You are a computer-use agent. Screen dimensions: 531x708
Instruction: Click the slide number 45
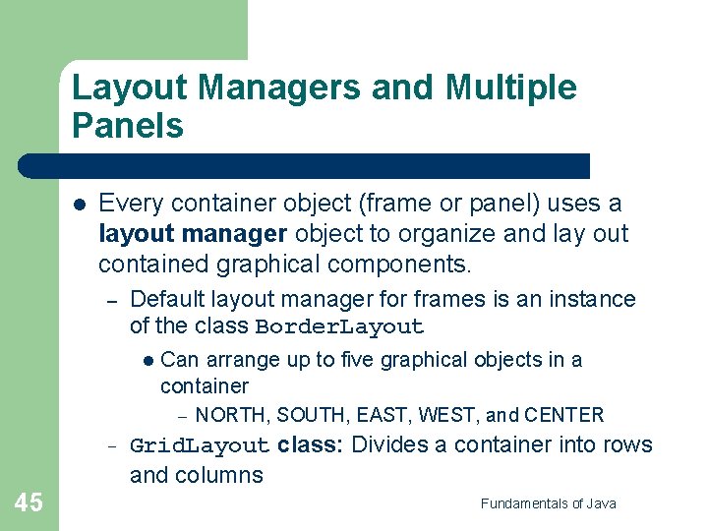(29, 502)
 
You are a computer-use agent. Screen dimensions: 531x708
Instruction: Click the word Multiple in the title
(511, 88)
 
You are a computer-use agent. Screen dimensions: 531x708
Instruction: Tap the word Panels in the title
(128, 126)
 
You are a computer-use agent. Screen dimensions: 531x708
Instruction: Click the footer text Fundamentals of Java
(549, 503)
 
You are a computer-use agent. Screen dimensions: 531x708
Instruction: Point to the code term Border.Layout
(339, 327)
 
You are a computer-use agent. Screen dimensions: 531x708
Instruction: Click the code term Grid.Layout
(200, 445)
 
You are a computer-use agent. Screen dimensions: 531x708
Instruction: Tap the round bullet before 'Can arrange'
(147, 361)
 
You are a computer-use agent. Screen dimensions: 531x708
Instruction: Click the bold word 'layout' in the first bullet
(133, 235)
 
